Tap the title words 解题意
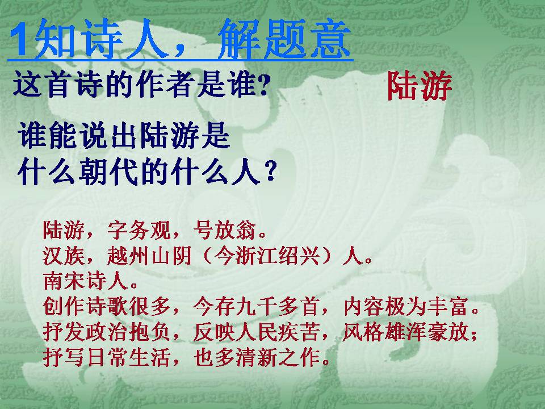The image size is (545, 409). tap(284, 39)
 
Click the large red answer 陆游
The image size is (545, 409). tap(420, 86)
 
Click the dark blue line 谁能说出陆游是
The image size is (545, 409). tap(124, 136)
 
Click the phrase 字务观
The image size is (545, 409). tap(139, 230)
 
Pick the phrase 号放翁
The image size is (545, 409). tap(225, 230)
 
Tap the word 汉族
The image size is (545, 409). tap(64, 256)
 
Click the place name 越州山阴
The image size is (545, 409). tap(149, 256)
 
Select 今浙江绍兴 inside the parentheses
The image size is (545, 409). tap(267, 256)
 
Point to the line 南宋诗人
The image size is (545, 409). tap(85, 281)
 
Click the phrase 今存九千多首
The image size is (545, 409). tap(256, 307)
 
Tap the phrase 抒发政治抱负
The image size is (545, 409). tap(106, 332)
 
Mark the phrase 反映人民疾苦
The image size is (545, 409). tap(256, 332)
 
